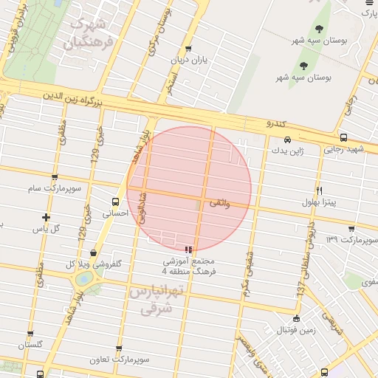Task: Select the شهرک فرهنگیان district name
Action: (x=92, y=33)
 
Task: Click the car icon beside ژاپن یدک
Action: (x=287, y=139)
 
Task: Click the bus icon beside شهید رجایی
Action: (x=344, y=137)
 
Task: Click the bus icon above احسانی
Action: (x=115, y=202)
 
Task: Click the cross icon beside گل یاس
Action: (x=47, y=217)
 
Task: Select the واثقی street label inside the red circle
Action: (x=220, y=202)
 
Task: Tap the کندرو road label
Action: (x=275, y=123)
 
